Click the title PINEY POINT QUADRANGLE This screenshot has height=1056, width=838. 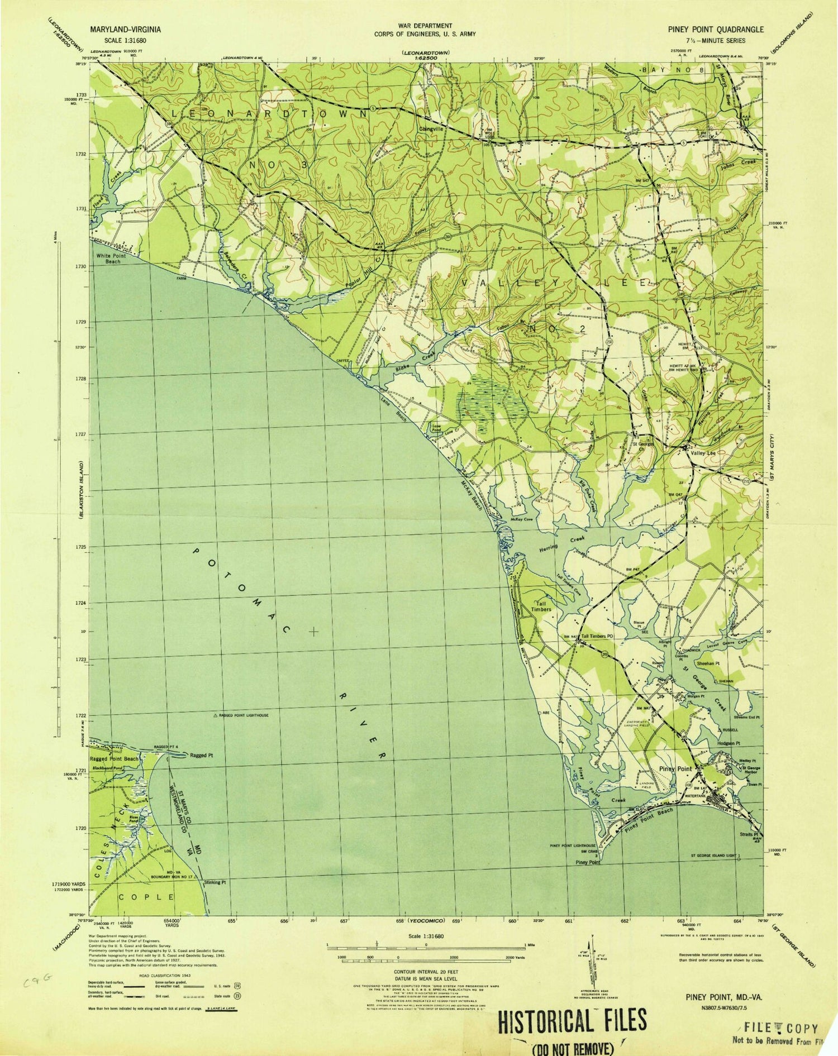point(725,29)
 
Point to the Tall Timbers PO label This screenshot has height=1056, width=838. point(597,636)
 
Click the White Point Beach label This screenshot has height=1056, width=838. point(111,258)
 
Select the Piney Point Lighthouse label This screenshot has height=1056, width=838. point(573,845)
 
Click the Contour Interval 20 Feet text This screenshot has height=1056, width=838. point(426,971)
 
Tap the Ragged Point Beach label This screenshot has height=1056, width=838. point(114,759)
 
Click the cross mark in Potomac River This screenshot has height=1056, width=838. point(314,632)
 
